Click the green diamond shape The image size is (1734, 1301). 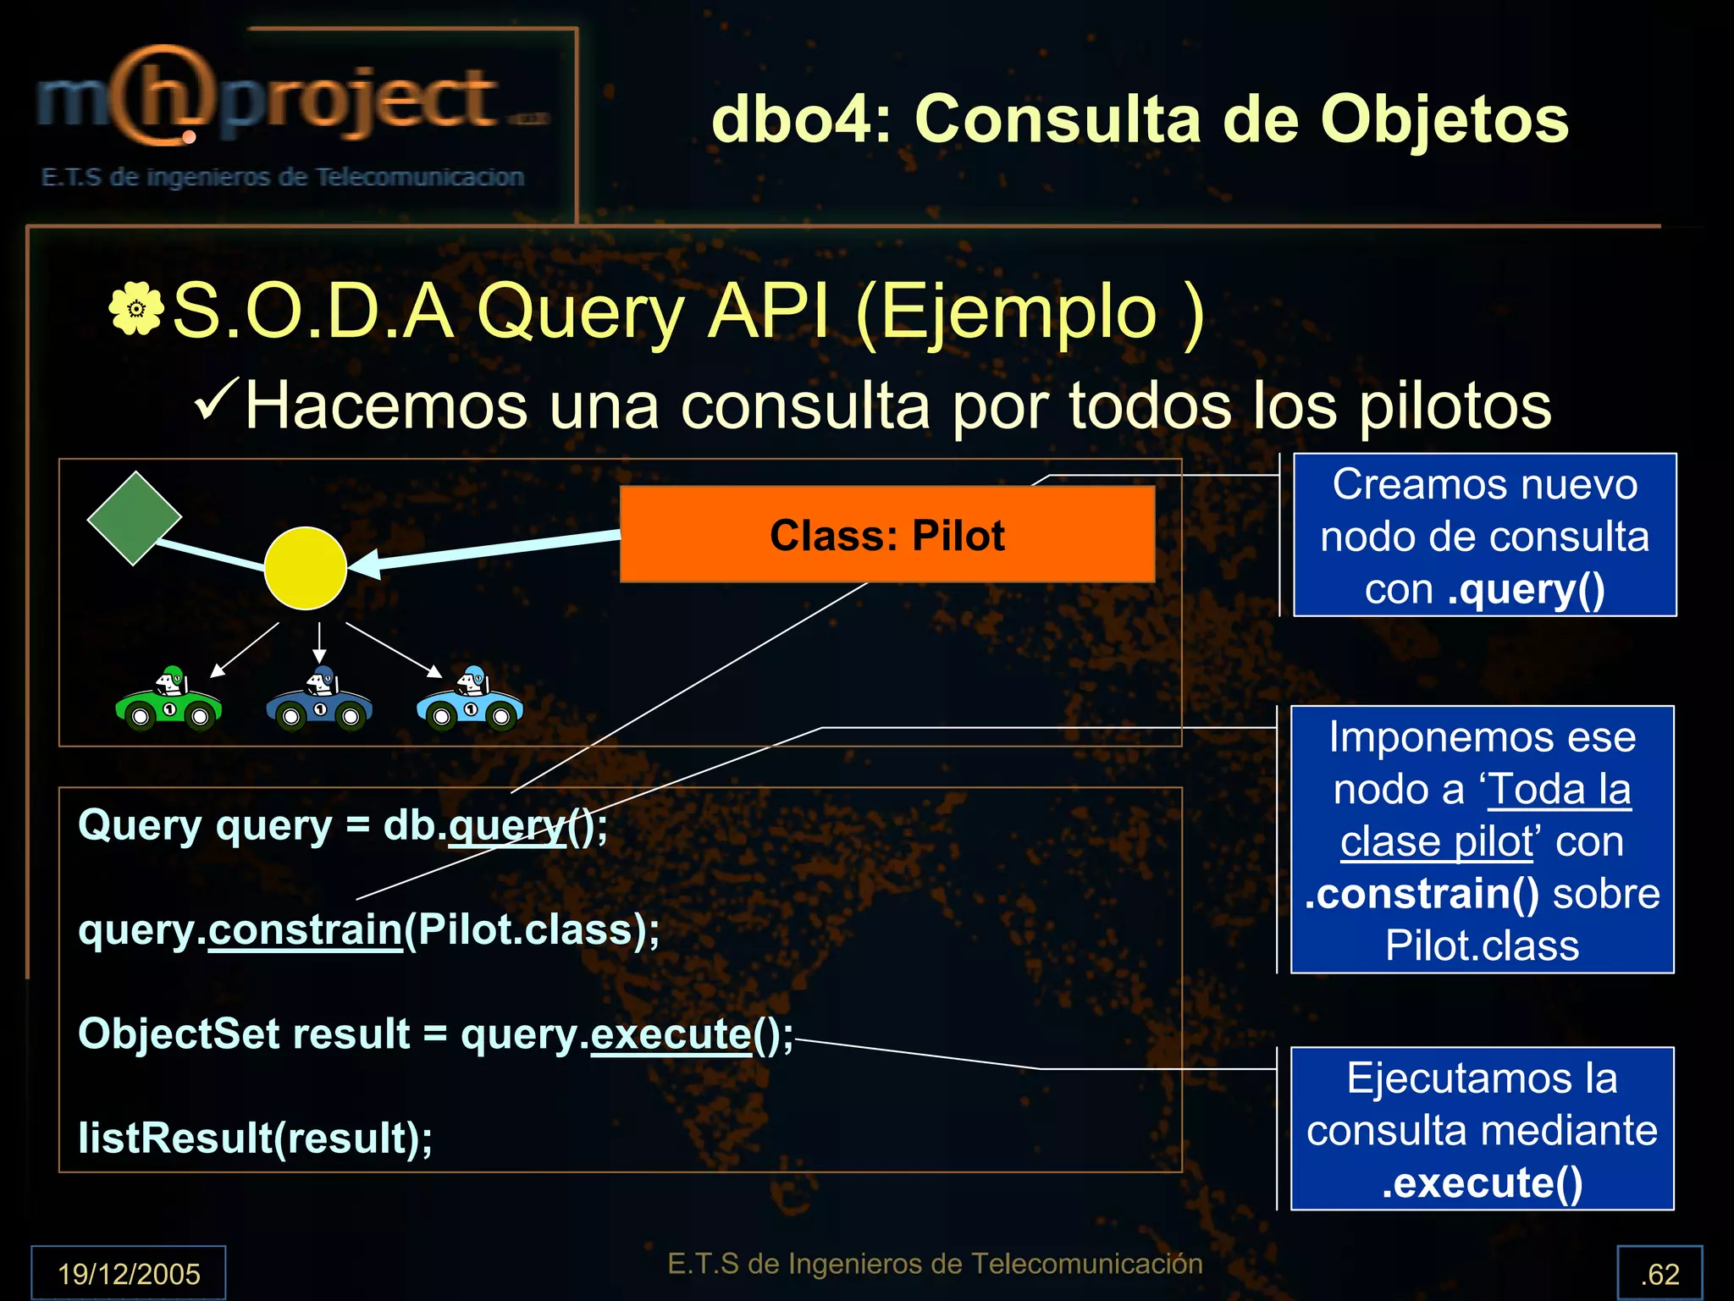(135, 518)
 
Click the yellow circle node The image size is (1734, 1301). (305, 569)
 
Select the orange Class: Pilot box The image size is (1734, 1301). (886, 535)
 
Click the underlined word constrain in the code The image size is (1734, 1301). (305, 930)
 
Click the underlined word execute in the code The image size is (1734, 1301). (671, 1034)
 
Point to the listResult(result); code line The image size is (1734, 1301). (255, 1138)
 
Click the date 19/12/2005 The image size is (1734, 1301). (129, 1274)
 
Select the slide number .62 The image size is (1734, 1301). (1659, 1274)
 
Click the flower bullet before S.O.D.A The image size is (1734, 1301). (135, 310)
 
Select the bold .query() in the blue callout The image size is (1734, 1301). (1526, 590)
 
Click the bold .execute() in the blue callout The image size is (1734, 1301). (1482, 1183)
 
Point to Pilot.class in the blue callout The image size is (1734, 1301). (1482, 945)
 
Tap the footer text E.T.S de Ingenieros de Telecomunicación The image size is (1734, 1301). (935, 1264)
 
